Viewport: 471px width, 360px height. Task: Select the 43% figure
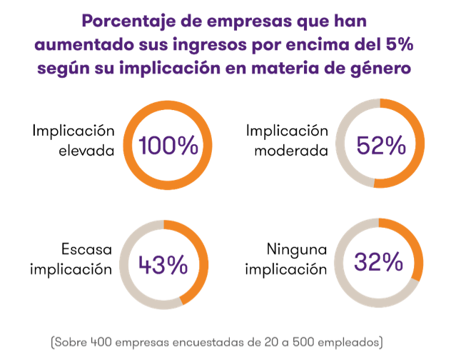(163, 265)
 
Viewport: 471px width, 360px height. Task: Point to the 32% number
(378, 262)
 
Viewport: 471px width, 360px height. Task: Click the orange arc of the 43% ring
(203, 271)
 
